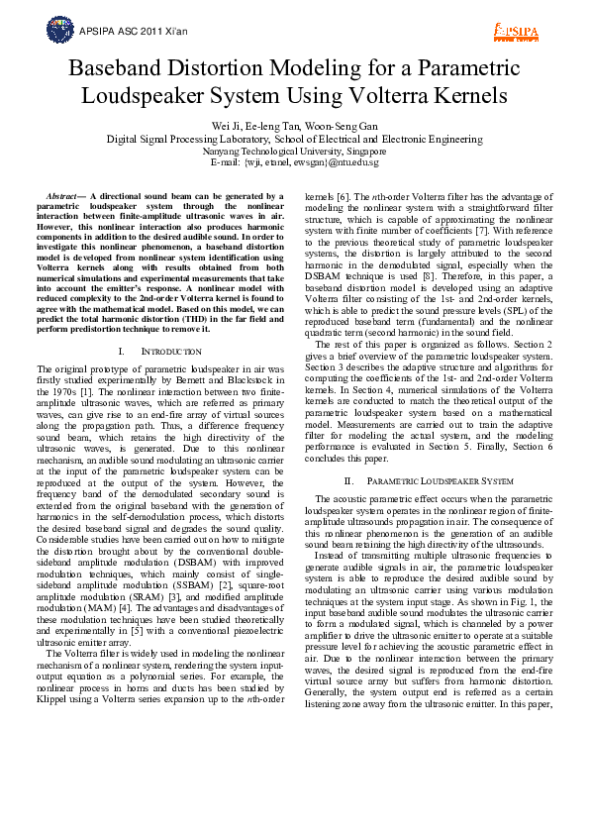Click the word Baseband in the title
click(x=114, y=69)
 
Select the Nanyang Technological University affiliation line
click(x=294, y=152)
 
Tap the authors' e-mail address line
click(x=294, y=162)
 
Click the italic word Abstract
click(x=66, y=198)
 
